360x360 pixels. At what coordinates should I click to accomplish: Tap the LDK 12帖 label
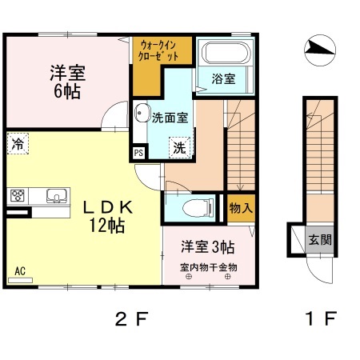tap(107, 215)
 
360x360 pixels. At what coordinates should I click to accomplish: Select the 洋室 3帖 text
tap(207, 245)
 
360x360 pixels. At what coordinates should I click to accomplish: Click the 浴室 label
tap(223, 78)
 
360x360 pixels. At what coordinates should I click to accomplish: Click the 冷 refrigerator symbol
tap(17, 144)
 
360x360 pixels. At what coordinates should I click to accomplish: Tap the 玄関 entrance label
tap(320, 238)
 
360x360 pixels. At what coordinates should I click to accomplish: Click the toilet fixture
tap(194, 208)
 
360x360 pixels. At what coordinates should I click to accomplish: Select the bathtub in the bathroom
tap(226, 53)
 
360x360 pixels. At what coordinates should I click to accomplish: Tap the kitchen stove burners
tap(18, 196)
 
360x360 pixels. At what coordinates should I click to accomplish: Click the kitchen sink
tap(55, 196)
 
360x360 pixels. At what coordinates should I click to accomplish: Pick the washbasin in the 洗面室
tap(142, 113)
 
